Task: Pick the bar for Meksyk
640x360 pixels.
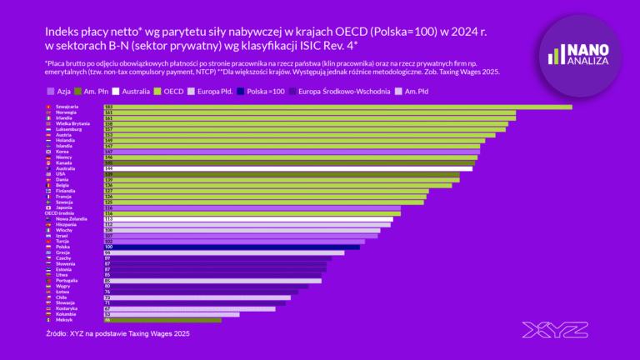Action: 162,319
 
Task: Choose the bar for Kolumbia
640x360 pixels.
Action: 172,314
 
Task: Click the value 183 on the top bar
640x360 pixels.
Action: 108,107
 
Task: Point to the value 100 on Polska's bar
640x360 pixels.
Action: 108,247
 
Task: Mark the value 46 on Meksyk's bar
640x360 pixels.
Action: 107,319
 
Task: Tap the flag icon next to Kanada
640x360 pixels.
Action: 49,162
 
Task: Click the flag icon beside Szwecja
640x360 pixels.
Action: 49,202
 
